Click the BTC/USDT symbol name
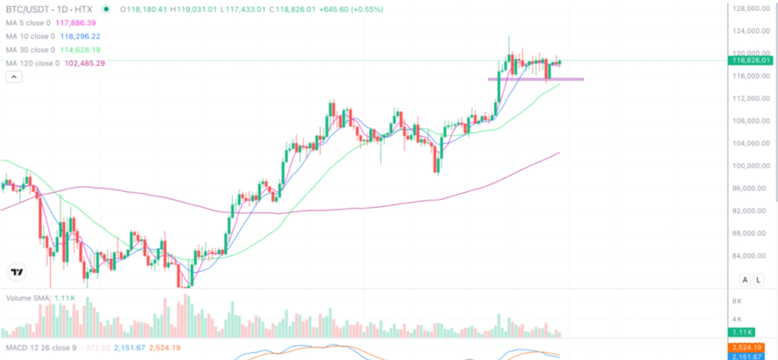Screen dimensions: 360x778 [27, 9]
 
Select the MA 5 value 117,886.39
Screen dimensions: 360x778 [76, 23]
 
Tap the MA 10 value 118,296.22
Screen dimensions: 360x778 [80, 37]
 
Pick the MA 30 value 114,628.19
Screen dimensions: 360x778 [80, 50]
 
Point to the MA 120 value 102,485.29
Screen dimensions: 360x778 [85, 63]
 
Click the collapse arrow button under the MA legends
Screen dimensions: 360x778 [14, 77]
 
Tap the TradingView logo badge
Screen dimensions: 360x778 [17, 272]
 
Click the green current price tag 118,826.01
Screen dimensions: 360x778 [750, 61]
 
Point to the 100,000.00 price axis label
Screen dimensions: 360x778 [751, 166]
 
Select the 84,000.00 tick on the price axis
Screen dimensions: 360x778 [751, 256]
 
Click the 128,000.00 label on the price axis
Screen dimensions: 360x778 [751, 9]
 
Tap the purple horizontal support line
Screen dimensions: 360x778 [536, 79]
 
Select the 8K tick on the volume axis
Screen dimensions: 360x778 [737, 301]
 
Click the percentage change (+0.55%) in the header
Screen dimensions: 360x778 [367, 9]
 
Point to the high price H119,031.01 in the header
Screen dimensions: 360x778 [193, 9]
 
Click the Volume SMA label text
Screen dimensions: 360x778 [27, 298]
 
